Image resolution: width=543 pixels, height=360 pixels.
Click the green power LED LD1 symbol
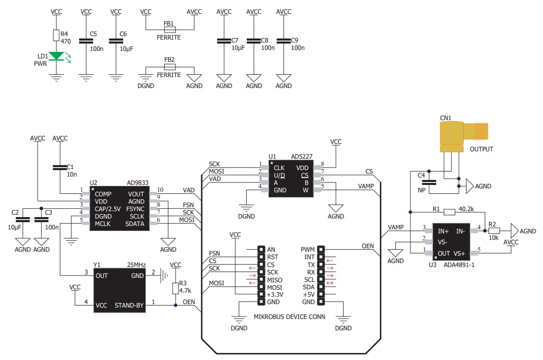click(x=56, y=56)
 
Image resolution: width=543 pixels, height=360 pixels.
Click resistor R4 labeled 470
click(x=56, y=35)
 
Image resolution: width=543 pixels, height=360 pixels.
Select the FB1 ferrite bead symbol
click(x=169, y=29)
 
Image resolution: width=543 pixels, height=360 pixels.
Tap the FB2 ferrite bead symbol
click(x=169, y=67)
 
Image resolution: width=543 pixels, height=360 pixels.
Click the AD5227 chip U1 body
click(x=291, y=179)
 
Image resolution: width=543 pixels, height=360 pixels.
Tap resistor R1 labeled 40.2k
click(x=449, y=212)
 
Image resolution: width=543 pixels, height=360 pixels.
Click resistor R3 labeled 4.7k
click(x=176, y=288)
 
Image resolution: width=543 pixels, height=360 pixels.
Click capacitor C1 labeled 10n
click(x=60, y=168)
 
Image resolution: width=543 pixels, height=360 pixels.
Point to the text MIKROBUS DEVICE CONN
click(x=289, y=316)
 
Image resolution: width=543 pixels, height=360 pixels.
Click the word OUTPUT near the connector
click(x=481, y=149)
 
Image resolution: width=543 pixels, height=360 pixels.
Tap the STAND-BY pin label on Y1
click(x=130, y=305)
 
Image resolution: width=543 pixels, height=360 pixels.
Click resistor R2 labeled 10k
click(x=494, y=230)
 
